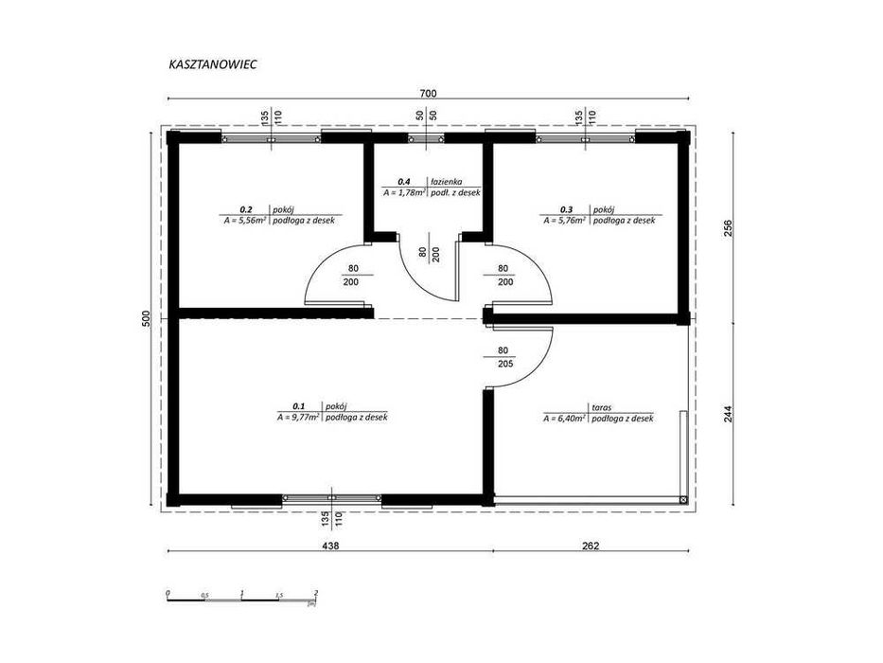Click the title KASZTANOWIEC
(213, 66)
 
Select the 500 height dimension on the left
(147, 319)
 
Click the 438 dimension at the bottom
(329, 546)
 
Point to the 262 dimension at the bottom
(589, 546)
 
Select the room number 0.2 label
(246, 208)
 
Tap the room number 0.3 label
(567, 208)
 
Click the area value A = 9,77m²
(296, 417)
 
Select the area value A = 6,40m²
(564, 418)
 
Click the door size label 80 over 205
(503, 355)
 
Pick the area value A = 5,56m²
(243, 220)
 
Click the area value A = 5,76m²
(563, 220)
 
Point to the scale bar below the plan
(241, 596)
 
